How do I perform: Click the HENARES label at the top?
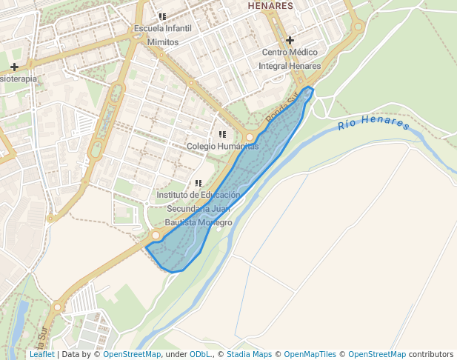point(270,6)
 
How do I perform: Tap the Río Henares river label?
point(373,123)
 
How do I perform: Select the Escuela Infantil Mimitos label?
point(162,36)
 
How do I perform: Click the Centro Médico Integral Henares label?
point(290,59)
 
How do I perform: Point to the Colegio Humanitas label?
point(222,146)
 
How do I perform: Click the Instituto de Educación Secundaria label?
point(199,208)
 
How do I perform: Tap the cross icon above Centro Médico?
point(290,40)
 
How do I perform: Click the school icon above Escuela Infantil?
point(162,16)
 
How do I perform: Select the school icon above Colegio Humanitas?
point(222,134)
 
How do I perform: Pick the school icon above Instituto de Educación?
point(198,182)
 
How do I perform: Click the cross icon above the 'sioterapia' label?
point(14,67)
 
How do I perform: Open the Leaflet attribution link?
point(42,354)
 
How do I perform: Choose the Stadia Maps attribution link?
point(249,354)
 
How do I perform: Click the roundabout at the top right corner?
point(358,27)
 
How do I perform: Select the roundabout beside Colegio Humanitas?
point(250,138)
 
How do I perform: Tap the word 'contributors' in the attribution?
point(430,354)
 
